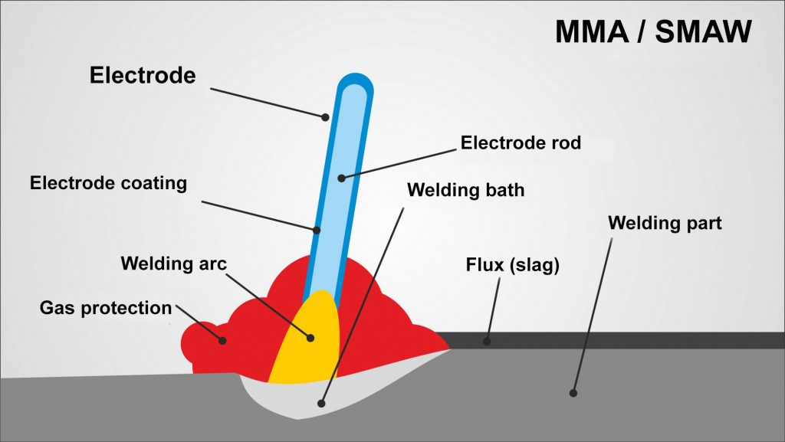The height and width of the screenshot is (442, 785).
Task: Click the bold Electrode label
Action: (x=143, y=75)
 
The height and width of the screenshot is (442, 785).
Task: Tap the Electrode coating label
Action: (x=108, y=184)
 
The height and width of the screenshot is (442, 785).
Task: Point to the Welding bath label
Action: (x=465, y=189)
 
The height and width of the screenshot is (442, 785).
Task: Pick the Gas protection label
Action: (x=106, y=308)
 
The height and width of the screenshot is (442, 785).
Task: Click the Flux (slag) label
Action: (x=514, y=267)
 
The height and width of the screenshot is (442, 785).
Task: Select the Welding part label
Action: (x=665, y=224)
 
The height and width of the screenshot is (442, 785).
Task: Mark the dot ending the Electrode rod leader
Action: (x=341, y=178)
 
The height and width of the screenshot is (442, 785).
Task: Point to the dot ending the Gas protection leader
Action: (x=223, y=339)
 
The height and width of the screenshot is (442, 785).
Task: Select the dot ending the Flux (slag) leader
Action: (x=486, y=341)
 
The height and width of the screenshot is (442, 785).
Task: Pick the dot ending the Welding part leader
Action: (x=572, y=392)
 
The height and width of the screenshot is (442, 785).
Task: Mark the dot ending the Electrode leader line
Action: (x=325, y=117)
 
